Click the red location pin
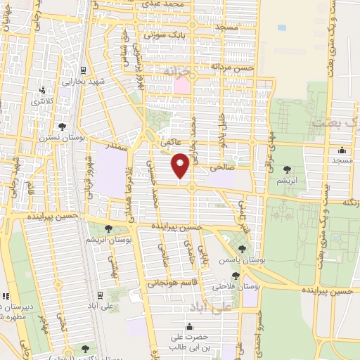(x=181, y=166)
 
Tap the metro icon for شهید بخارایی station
(x=84, y=70)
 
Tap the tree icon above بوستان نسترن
(x=63, y=127)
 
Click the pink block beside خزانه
(x=181, y=86)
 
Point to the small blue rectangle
(x=282, y=27)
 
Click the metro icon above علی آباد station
(x=101, y=295)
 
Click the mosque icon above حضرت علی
(x=188, y=327)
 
